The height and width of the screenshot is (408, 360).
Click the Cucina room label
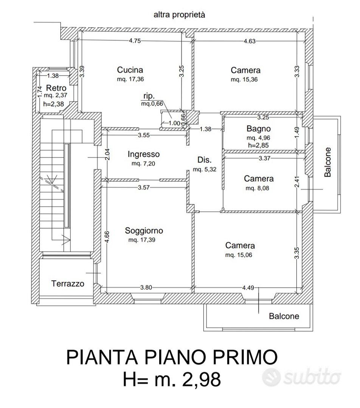[x=130, y=70]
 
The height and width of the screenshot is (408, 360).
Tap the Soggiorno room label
[x=144, y=231]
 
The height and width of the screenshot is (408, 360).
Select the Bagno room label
[x=258, y=129]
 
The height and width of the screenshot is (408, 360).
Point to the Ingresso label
[x=144, y=155]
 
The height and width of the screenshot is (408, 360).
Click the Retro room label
[x=56, y=88]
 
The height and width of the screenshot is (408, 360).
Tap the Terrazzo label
[x=68, y=283]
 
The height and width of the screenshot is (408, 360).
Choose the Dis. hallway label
[x=205, y=160]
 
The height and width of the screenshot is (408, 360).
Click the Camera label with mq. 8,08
[x=259, y=179]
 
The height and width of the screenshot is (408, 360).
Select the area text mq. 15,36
[x=244, y=80]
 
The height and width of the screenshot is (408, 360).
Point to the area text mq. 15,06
[x=239, y=255]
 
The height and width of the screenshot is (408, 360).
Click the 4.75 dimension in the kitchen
[x=135, y=41]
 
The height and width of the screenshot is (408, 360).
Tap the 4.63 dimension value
[x=250, y=41]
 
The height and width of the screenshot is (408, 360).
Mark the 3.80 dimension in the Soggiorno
[x=146, y=287]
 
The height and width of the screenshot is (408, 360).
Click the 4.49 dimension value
[x=248, y=288]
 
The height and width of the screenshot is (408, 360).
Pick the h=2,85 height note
[x=258, y=145]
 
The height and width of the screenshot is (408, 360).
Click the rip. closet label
[x=149, y=96]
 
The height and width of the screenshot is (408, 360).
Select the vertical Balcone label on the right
[x=328, y=162]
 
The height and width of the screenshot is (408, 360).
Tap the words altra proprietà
[x=179, y=15]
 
